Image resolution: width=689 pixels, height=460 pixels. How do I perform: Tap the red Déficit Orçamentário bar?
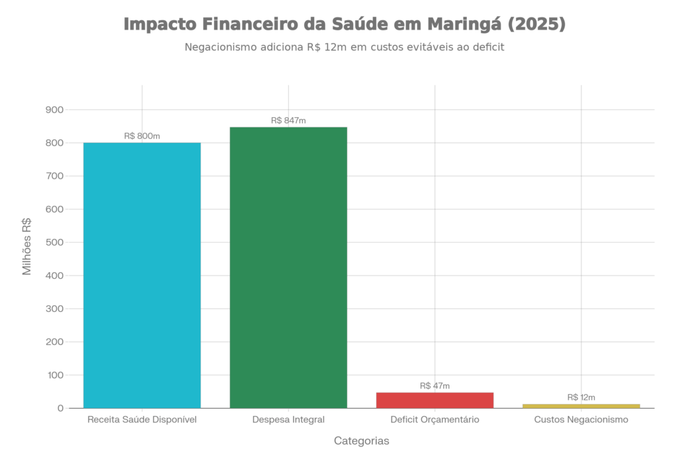coord(435,399)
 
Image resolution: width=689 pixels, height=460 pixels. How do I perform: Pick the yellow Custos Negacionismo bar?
coord(581,405)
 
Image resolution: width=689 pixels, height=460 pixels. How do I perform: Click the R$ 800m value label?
coord(142,136)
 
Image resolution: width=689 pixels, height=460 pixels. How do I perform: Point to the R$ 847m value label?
coord(288,121)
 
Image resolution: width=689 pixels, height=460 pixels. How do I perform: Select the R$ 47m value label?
coord(435,386)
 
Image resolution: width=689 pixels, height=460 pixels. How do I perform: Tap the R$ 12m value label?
coord(581,397)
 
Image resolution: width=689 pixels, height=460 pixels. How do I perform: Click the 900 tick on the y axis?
coord(55,110)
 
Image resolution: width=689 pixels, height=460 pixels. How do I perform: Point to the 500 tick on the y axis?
coord(55,242)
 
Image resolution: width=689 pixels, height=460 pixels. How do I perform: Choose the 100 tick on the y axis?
coord(55,375)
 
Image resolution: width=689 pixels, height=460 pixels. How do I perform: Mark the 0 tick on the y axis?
coord(61,408)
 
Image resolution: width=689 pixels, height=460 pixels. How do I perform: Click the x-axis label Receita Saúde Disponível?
coord(142,420)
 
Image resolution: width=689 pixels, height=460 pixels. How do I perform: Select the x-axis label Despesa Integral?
coord(288,420)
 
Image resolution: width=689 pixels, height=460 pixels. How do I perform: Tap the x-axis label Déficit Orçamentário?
coord(435,420)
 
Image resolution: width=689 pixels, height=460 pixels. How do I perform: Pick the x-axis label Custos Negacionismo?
coord(581,420)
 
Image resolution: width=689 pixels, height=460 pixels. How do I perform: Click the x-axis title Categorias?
coord(361,441)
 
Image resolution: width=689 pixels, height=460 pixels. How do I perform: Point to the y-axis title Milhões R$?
coord(28,247)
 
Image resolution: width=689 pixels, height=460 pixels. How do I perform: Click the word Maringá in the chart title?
coord(464,25)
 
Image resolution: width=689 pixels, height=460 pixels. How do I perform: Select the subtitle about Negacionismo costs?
coord(344,48)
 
